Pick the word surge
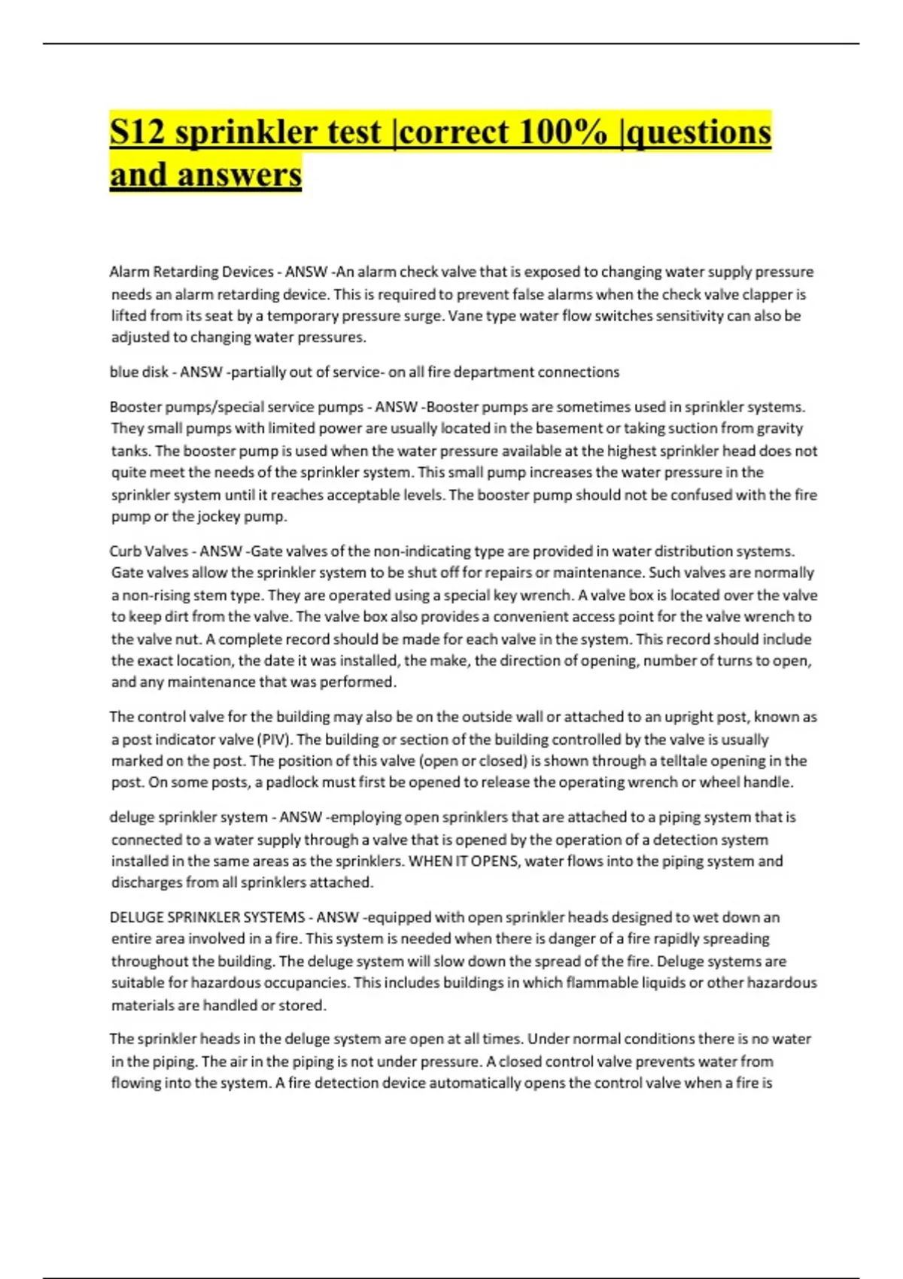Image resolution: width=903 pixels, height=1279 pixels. pyautogui.click(x=423, y=316)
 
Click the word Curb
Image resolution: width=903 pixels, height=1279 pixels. pyautogui.click(x=126, y=551)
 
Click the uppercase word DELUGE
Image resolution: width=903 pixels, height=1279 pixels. pyautogui.click(x=136, y=918)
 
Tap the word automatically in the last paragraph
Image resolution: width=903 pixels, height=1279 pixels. pyautogui.click(x=470, y=1083)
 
